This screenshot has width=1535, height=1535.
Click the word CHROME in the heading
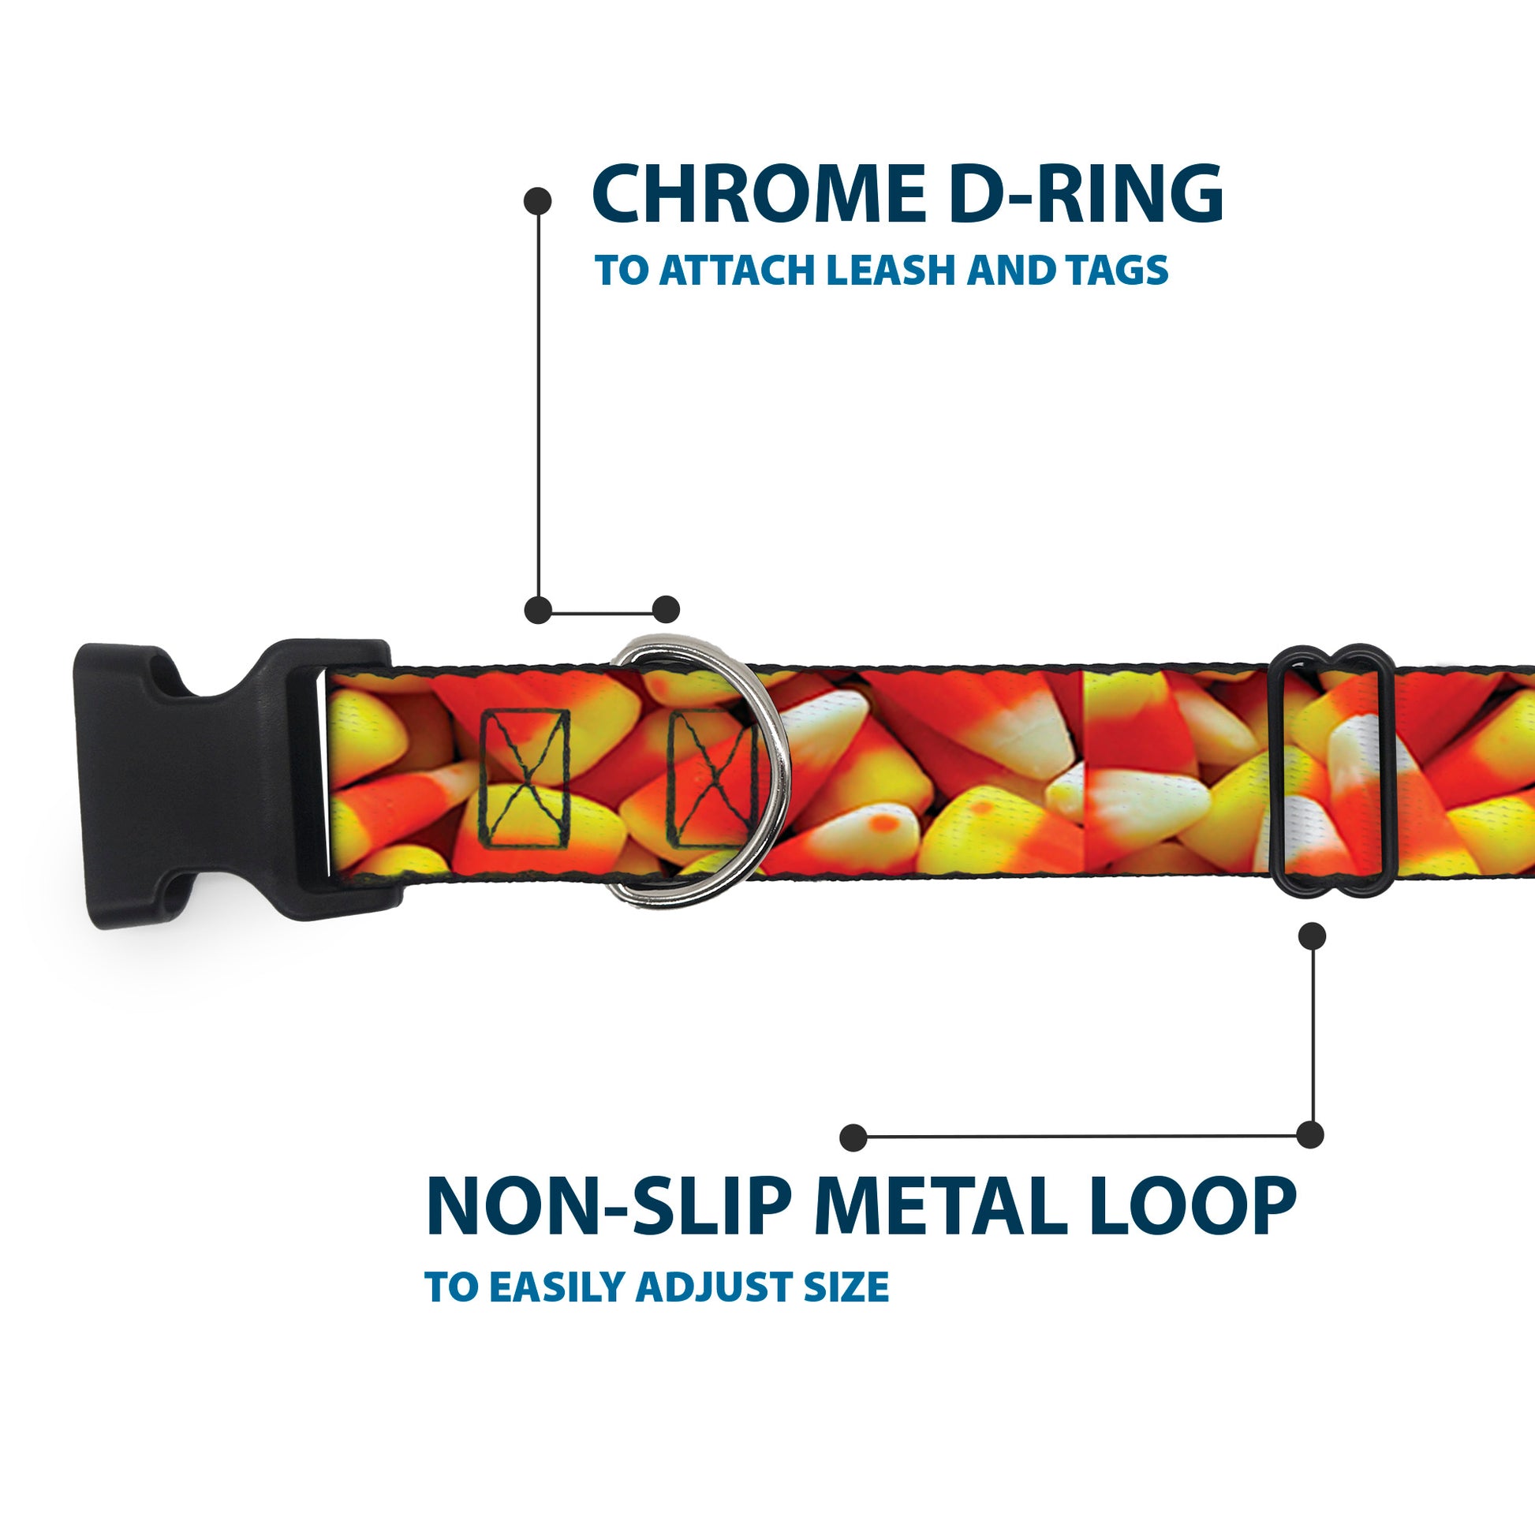[x=759, y=194]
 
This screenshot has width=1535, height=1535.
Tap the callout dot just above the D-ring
[x=666, y=610]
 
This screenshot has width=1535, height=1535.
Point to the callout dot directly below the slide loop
[x=1312, y=936]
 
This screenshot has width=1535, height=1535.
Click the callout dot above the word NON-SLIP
[x=853, y=1137]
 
